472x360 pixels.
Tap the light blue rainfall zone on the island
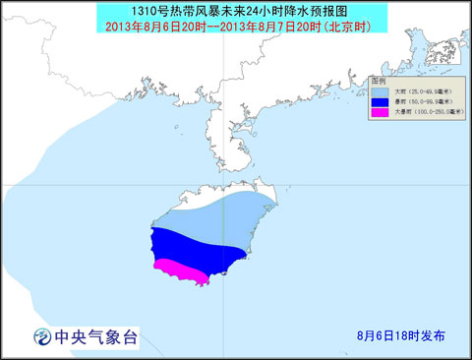[221, 221]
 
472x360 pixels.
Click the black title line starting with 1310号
[235, 10]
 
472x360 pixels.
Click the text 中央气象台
[99, 337]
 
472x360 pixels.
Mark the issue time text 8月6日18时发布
[400, 335]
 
